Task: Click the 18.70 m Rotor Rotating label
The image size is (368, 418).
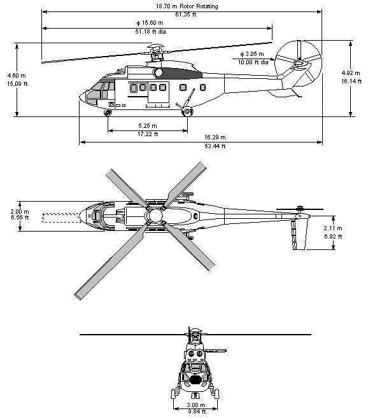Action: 187,6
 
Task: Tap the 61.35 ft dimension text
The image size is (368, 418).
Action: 185,15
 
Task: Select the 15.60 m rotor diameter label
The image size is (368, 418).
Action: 150,23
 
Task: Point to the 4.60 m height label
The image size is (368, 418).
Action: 17,76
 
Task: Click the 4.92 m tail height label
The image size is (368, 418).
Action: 351,73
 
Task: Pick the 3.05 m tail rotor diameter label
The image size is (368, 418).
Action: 252,54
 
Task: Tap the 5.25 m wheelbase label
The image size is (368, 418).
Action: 148,125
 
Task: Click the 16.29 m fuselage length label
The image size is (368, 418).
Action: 215,137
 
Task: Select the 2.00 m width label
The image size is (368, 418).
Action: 20,212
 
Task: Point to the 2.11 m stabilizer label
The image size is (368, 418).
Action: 333,228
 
